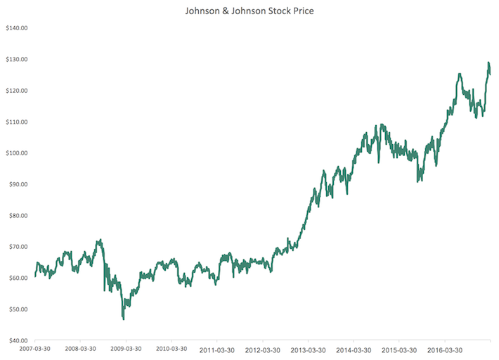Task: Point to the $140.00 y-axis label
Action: pos(15,29)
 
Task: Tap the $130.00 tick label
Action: pos(15,60)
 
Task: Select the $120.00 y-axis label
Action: pos(15,91)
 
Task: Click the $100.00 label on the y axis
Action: pos(15,153)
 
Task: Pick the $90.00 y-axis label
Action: pos(17,184)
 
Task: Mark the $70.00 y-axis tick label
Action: pos(17,247)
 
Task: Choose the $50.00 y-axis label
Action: pos(17,309)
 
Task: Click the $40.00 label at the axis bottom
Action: pos(17,340)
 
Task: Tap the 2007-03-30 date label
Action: pos(36,349)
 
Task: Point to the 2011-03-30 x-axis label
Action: pos(216,349)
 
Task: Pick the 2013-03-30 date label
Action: pos(306,349)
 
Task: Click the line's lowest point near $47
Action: pos(124,319)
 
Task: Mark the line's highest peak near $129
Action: pos(488,63)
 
